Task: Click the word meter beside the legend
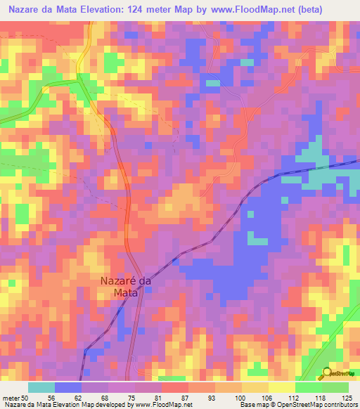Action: pos(11,397)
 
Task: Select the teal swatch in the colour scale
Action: pos(41,387)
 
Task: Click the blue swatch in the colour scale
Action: pos(67,387)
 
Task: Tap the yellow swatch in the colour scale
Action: pos(281,387)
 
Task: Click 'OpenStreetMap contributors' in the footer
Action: pos(319,405)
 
